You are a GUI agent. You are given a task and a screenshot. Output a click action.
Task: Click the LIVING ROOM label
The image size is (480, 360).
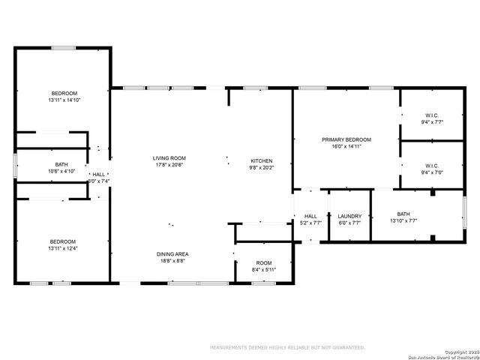(169, 157)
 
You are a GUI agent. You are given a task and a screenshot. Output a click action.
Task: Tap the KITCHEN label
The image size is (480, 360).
(261, 160)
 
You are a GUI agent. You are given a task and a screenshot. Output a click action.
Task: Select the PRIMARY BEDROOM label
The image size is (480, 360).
(346, 139)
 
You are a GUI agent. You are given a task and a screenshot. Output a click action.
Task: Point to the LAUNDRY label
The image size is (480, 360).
(349, 216)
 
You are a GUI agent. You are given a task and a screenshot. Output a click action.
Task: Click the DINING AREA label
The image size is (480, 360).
(172, 253)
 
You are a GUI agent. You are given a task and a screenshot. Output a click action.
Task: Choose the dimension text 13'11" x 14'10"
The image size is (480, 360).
(63, 100)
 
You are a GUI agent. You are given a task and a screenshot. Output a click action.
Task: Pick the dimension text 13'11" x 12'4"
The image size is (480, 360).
(63, 247)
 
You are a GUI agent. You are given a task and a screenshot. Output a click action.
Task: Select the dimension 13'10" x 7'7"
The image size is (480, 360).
(403, 221)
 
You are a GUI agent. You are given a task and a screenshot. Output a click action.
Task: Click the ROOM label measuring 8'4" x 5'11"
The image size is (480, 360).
(264, 262)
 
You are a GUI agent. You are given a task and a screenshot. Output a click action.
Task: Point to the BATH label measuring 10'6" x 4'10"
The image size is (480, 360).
(61, 164)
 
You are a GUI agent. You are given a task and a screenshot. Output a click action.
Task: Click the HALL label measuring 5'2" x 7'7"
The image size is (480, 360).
(310, 216)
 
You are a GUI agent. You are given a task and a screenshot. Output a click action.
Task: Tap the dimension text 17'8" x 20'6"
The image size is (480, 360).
(169, 165)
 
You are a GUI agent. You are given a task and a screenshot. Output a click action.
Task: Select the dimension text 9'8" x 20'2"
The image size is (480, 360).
(261, 168)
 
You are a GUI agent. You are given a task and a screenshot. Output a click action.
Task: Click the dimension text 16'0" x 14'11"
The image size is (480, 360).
(346, 147)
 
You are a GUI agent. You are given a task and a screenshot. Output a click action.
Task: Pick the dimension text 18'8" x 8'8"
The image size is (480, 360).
(172, 261)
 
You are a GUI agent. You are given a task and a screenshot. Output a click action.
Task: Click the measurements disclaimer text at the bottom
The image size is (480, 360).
(287, 347)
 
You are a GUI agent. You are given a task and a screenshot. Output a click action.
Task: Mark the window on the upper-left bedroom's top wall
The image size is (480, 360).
(63, 48)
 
